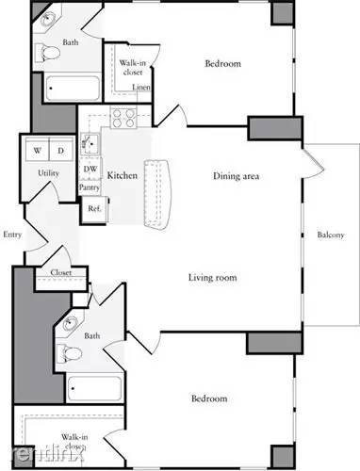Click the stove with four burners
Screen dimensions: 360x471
point(123,118)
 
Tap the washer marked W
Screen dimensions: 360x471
point(38,150)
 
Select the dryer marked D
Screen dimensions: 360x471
point(61,150)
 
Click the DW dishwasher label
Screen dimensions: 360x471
point(90,169)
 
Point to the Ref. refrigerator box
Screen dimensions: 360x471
point(94,209)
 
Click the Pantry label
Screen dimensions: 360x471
point(90,187)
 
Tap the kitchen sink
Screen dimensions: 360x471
point(90,144)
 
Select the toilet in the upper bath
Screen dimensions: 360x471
point(47,53)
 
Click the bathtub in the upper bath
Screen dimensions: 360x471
point(73,88)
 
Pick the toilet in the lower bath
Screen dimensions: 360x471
point(69,353)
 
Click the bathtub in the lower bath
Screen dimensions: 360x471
point(94,388)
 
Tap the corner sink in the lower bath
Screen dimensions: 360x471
point(70,323)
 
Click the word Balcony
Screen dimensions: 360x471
point(331,235)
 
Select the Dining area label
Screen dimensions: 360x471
point(237,176)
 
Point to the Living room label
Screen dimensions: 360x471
point(213,278)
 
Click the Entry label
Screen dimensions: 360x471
point(12,235)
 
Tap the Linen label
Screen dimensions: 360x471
point(141,87)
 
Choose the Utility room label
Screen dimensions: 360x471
point(48,173)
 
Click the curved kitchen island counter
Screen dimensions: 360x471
point(157,195)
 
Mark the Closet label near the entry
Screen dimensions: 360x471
point(61,272)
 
